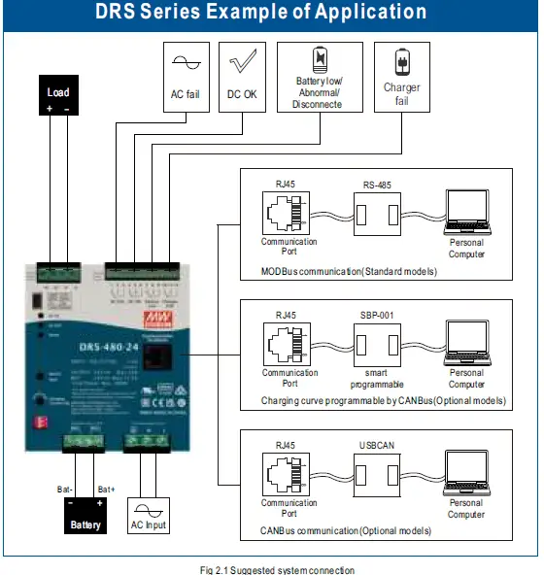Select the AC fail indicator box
(186, 77)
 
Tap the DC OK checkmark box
(243, 77)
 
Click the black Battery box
(85, 514)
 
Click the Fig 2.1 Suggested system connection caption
(270, 568)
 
